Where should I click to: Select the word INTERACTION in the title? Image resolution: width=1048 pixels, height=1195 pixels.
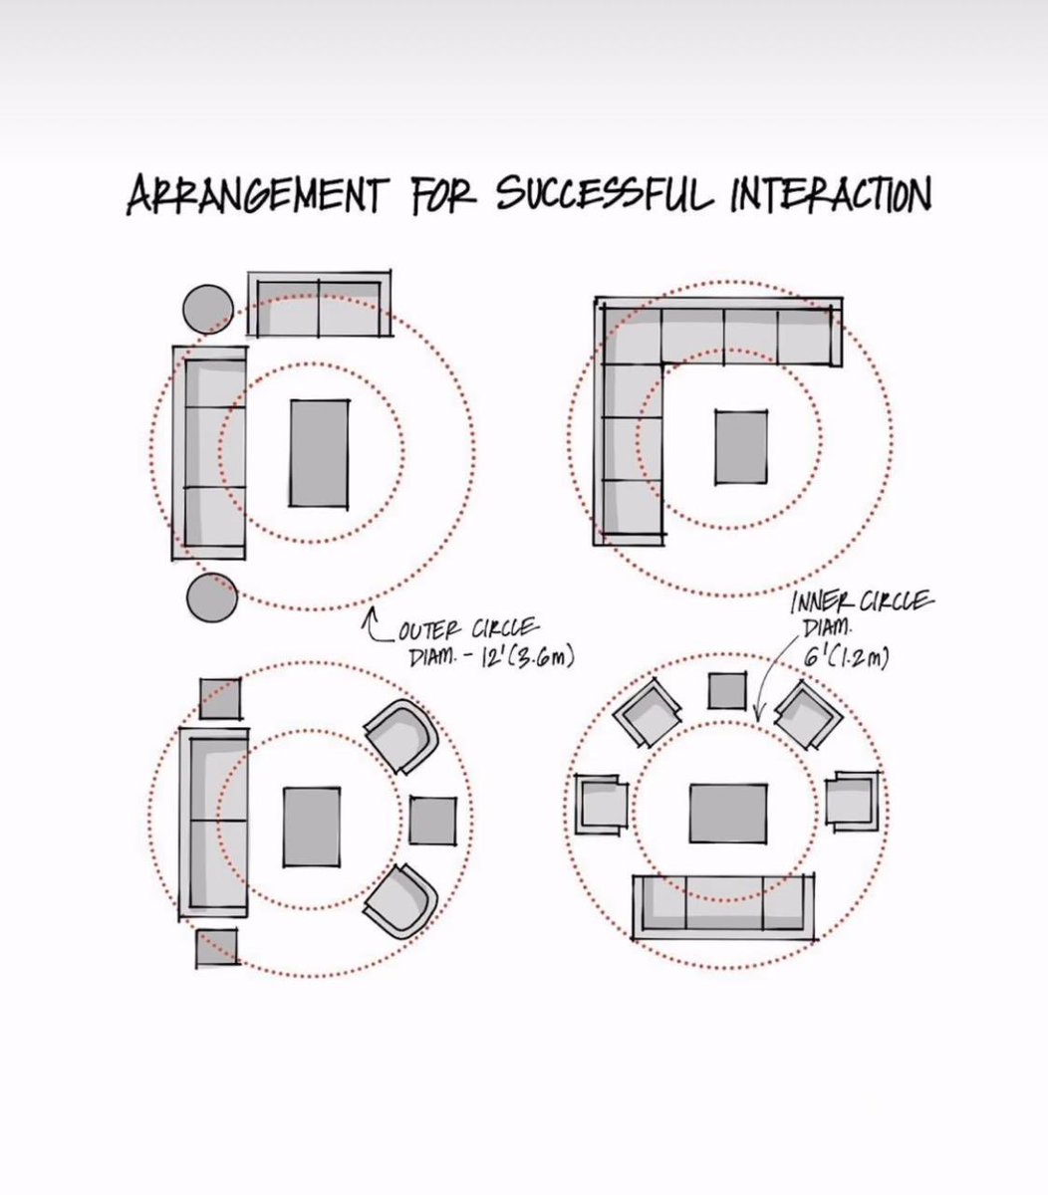(832, 193)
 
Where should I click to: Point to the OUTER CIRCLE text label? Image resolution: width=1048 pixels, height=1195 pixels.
(469, 629)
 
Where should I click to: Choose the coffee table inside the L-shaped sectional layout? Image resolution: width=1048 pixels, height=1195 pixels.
(742, 448)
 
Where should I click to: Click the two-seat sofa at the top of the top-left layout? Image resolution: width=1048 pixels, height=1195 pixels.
(319, 303)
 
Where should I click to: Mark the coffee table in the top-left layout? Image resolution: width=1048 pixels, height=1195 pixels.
(320, 453)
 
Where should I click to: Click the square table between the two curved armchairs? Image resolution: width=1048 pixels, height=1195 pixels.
(433, 821)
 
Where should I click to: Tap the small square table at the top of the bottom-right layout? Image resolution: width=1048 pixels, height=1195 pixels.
(727, 690)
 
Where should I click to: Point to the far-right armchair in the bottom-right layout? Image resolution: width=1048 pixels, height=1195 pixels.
(852, 801)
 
